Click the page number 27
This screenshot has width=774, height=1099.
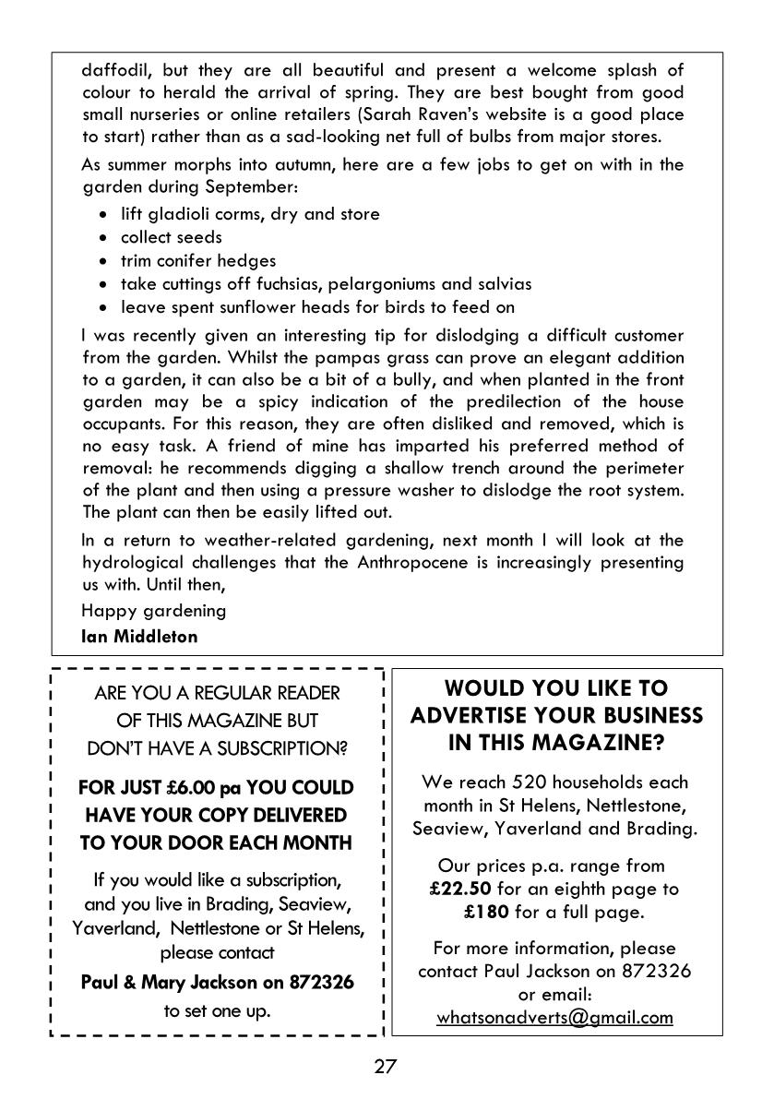tap(386, 1068)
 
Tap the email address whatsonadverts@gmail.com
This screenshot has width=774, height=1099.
tap(554, 1018)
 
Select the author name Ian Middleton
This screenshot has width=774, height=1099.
tap(139, 636)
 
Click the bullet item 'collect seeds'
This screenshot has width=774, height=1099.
tap(172, 237)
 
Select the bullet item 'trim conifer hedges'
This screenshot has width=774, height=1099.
tap(198, 260)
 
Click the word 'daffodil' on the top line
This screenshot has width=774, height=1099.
tap(113, 70)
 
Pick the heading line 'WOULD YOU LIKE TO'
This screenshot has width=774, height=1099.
tap(556, 688)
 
